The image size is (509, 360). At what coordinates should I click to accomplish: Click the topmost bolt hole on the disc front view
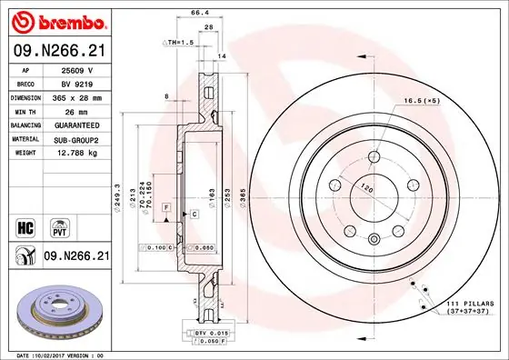374,156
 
